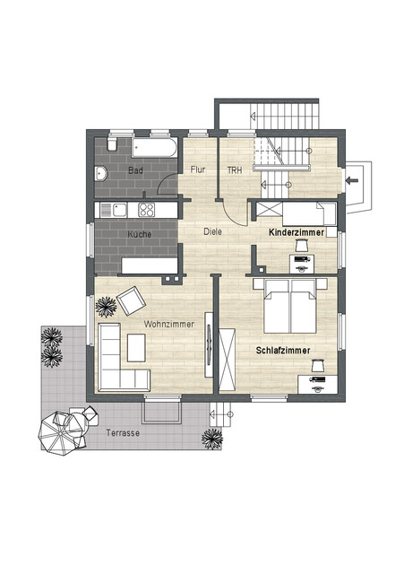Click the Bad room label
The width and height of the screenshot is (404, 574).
pyautogui.click(x=135, y=170)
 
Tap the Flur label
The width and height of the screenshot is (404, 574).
pyautogui.click(x=198, y=170)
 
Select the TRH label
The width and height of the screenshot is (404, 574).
pyautogui.click(x=235, y=170)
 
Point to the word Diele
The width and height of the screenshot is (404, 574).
pyautogui.click(x=213, y=231)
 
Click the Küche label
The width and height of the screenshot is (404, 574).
pyautogui.click(x=140, y=234)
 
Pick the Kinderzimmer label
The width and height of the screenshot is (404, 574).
pyautogui.click(x=297, y=232)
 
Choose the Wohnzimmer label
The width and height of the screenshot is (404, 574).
pyautogui.click(x=169, y=324)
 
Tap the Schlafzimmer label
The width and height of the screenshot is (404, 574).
pyautogui.click(x=283, y=351)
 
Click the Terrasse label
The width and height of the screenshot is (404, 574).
pyautogui.click(x=123, y=432)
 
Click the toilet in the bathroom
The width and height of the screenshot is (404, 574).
pyautogui.click(x=112, y=143)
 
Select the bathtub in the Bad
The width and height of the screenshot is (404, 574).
pyautogui.click(x=154, y=147)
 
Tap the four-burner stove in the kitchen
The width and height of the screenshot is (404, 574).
pyautogui.click(x=146, y=209)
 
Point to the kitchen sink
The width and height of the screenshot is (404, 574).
pyautogui.click(x=119, y=210)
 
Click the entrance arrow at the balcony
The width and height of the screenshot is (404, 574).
pyautogui.click(x=352, y=179)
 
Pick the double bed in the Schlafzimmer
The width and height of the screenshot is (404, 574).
pyautogui.click(x=290, y=306)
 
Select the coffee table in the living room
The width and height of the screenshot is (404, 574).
pyautogui.click(x=136, y=347)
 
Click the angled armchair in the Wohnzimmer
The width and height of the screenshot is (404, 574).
pyautogui.click(x=131, y=301)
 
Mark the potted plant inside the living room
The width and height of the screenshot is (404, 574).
pyautogui.click(x=106, y=307)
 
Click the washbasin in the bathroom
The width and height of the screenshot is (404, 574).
pyautogui.click(x=100, y=174)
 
